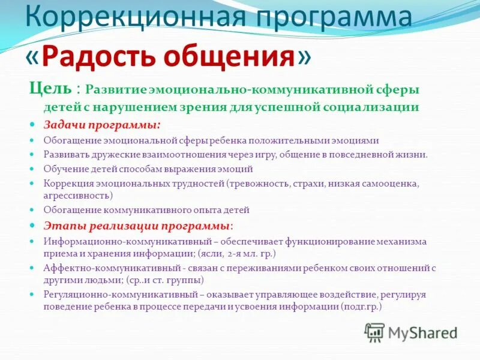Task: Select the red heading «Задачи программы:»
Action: tap(101, 124)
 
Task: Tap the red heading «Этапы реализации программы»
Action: tap(137, 226)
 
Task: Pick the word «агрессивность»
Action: tap(78, 195)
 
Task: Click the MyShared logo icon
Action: tap(374, 332)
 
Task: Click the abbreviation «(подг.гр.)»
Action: tap(361, 307)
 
